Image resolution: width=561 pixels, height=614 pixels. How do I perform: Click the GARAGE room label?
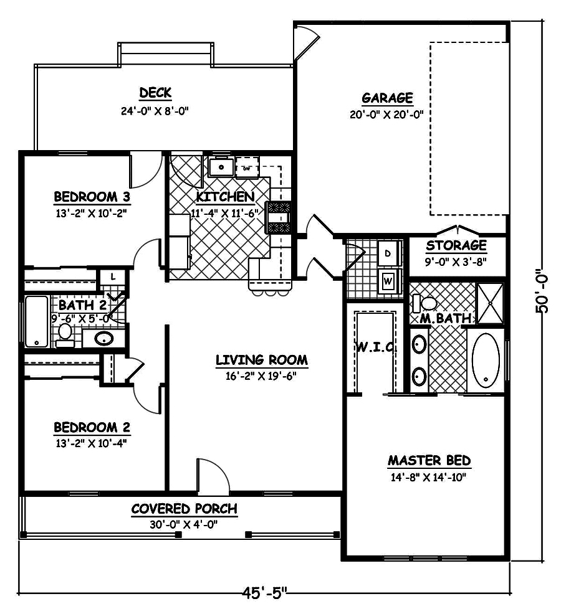tap(387, 98)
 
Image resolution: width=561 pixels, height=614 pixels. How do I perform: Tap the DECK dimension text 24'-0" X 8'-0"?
tap(155, 111)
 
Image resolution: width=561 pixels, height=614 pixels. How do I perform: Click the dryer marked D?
tap(387, 253)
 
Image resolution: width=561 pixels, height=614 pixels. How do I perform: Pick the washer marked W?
tap(387, 280)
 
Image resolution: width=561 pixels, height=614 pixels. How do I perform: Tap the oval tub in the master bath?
tap(485, 362)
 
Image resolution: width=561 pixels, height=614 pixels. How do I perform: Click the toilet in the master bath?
tap(426, 304)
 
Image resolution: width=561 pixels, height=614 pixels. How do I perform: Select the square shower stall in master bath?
tap(489, 303)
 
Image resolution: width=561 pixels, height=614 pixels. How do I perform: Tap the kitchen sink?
tap(221, 168)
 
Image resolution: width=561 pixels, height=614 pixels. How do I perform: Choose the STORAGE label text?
tap(456, 245)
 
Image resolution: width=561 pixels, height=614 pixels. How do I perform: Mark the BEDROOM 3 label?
tap(92, 197)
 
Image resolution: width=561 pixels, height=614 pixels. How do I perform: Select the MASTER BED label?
tap(429, 461)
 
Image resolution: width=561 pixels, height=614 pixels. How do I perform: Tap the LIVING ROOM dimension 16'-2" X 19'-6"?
tap(261, 375)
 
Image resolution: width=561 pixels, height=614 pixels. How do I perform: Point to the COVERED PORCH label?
tap(184, 509)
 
